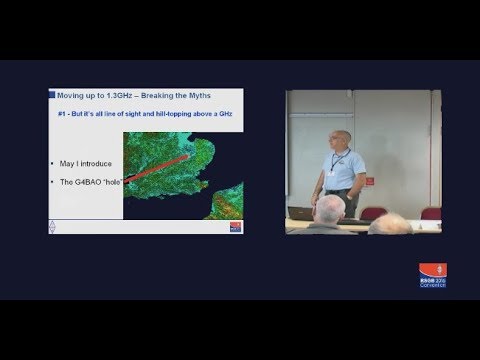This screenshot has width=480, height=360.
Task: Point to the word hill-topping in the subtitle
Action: [167, 115]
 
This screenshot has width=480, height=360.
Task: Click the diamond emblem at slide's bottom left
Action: [54, 228]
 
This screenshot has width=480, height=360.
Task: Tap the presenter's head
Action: [340, 140]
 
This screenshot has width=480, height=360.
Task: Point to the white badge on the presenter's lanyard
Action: [345, 180]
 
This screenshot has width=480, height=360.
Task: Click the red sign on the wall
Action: [370, 182]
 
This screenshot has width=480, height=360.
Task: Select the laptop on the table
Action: [301, 213]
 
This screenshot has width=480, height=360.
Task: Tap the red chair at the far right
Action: [430, 213]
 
